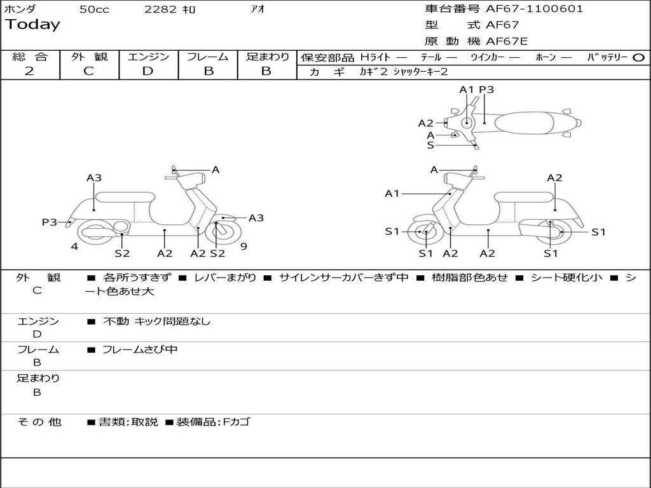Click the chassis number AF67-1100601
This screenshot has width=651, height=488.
[534, 9]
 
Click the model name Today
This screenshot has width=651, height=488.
[32, 25]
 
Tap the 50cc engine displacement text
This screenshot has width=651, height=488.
[94, 10]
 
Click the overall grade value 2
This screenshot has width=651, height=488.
[29, 71]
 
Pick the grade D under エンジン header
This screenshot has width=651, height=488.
[148, 71]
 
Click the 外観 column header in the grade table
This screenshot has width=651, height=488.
[89, 57]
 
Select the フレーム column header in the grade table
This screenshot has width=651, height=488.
[207, 57]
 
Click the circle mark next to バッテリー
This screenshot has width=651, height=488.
[638, 58]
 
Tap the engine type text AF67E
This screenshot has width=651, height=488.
[507, 41]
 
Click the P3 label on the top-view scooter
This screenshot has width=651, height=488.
[486, 90]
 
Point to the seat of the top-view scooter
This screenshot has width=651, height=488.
[525, 122]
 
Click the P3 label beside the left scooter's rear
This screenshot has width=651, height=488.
[50, 222]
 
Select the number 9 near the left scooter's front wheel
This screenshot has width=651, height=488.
[243, 247]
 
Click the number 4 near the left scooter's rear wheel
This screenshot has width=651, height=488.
[74, 247]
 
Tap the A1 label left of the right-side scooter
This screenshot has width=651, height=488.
[392, 193]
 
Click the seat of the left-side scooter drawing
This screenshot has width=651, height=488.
[124, 197]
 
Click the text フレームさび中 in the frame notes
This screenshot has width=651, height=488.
[140, 349]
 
